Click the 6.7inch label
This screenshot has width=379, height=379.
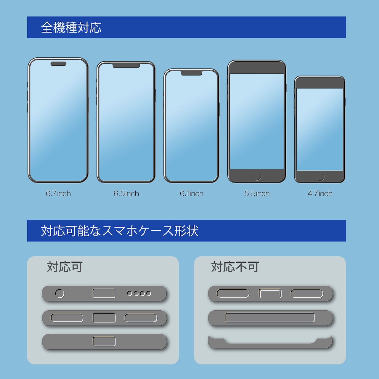tap(58, 194)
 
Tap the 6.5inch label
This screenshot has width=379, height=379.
tap(126, 194)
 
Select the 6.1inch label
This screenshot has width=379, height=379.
tap(192, 194)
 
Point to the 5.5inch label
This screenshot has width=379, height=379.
tap(257, 194)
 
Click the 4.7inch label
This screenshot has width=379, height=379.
tap(320, 194)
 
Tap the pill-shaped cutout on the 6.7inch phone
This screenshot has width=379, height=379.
tap(58, 64)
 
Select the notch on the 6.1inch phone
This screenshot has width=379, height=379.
tap(192, 73)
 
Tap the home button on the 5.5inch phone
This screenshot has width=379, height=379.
tap(257, 176)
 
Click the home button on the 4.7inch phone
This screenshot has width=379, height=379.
tap(320, 176)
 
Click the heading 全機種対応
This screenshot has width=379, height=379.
tap(71, 28)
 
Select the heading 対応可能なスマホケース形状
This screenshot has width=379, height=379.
tap(120, 231)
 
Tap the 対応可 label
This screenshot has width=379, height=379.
tap(65, 267)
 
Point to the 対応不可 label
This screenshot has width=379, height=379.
tap(235, 267)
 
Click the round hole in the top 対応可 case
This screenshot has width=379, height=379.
tap(60, 293)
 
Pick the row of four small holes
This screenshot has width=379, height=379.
tap(139, 293)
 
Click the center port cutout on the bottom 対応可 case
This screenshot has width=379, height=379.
tap(104, 341)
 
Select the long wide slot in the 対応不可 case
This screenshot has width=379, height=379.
tap(270, 317)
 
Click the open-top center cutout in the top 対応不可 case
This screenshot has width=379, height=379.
tap(270, 293)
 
